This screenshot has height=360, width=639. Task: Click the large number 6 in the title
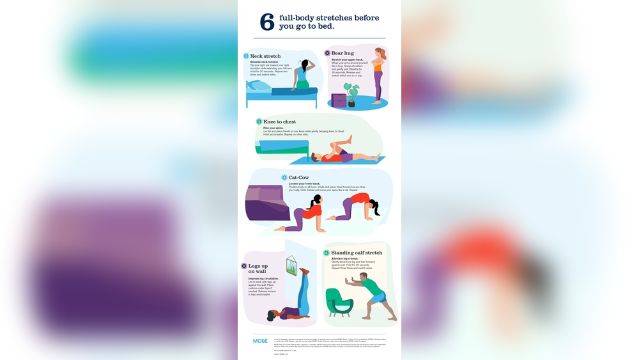click(266, 22)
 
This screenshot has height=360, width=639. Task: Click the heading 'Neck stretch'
click(265, 56)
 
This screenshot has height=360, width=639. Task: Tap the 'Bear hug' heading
click(343, 53)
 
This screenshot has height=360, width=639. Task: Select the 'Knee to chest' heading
click(279, 121)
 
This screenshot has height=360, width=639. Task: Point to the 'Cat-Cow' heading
click(299, 177)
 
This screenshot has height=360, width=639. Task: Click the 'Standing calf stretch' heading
click(357, 253)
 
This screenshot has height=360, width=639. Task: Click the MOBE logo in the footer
click(261, 341)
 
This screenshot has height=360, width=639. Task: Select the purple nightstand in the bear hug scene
click(339, 100)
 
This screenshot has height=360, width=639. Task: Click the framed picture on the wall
click(292, 266)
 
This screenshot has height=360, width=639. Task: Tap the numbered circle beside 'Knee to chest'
click(259, 121)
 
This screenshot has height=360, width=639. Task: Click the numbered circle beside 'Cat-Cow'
click(284, 177)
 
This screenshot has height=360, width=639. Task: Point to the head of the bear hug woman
click(380, 52)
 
